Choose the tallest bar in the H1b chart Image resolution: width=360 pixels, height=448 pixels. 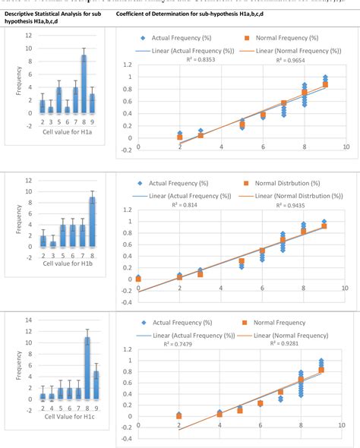coord(92,222)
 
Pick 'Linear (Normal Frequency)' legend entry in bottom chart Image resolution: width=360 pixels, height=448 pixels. coord(283,335)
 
